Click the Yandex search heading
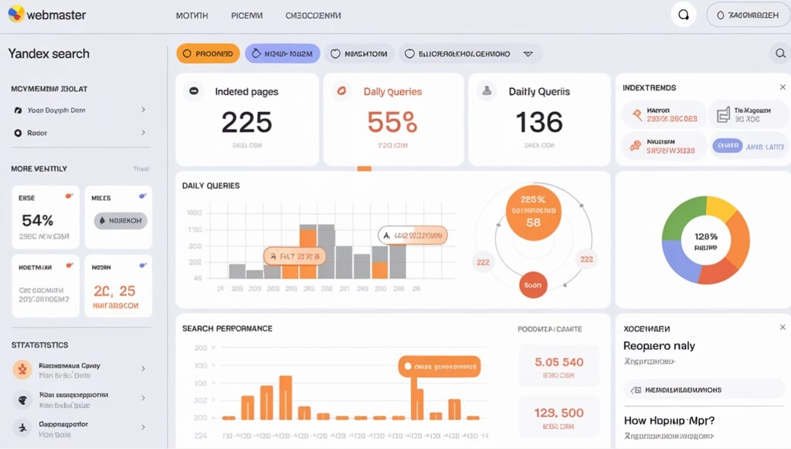(x=49, y=53)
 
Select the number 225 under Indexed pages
(x=246, y=122)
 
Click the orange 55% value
(x=392, y=122)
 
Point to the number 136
(x=539, y=122)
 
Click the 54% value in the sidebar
(x=37, y=220)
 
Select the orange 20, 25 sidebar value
(x=114, y=291)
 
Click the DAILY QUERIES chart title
(x=211, y=185)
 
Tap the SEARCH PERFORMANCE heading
(x=227, y=328)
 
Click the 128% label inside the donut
(x=706, y=236)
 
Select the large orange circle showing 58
(x=533, y=212)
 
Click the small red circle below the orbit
(x=533, y=284)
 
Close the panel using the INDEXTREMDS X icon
(x=783, y=88)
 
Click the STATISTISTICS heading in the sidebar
(x=39, y=345)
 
